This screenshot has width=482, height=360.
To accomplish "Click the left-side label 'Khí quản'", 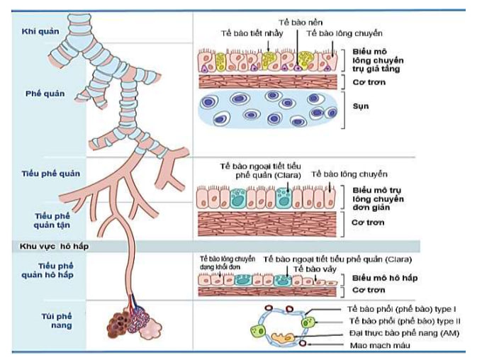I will pos(40,30).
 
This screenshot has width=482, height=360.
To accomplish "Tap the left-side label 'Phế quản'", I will pos(40,93).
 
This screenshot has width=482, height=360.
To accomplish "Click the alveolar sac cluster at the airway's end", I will pos(133,322).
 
